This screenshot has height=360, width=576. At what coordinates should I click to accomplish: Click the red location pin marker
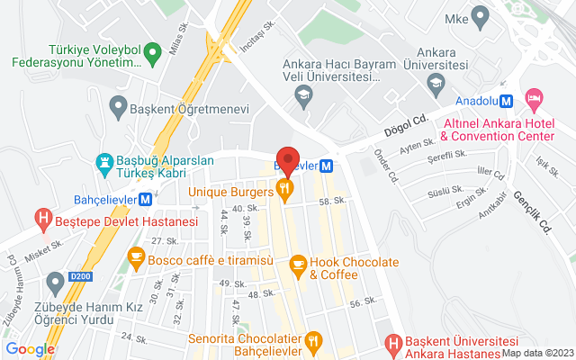pos(287,159)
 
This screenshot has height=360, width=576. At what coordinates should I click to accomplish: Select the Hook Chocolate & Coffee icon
pos(298,264)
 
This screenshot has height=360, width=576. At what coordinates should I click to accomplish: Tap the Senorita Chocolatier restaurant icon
pos(314,340)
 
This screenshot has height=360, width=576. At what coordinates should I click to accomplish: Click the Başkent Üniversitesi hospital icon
pos(392,342)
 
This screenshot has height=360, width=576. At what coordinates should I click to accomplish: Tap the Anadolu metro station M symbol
pos(507,100)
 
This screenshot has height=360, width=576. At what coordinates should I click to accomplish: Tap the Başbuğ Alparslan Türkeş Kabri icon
pos(105,163)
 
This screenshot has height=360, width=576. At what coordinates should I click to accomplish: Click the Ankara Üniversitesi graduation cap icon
pos(436,84)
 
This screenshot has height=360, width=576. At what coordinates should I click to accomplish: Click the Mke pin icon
pos(480,15)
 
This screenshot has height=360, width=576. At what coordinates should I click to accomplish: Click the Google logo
pos(30,349)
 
